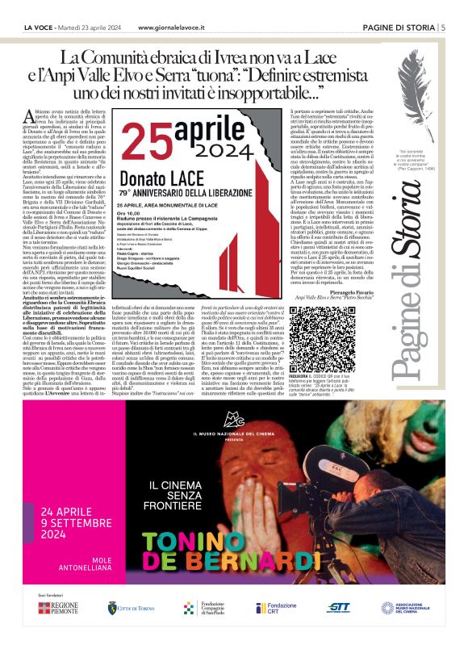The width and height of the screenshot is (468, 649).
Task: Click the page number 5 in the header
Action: [x=443, y=27]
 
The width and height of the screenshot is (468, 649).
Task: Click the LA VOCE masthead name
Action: [x=41, y=28]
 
